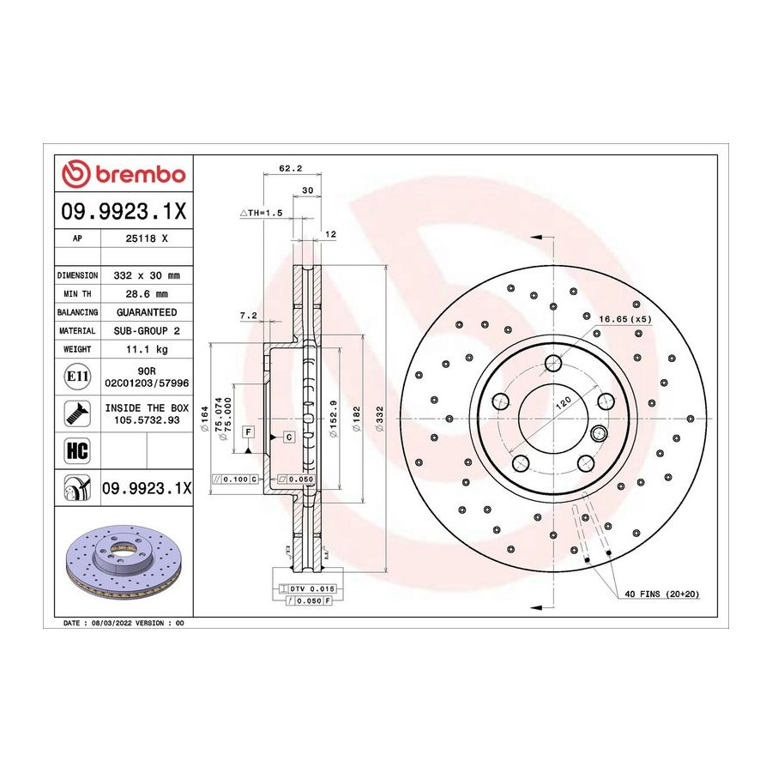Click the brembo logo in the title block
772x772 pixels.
(x=123, y=174)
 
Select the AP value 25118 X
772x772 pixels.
(x=147, y=238)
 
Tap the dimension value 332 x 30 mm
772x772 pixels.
(x=147, y=275)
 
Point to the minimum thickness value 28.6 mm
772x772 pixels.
(x=147, y=294)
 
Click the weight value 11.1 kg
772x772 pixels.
(x=147, y=349)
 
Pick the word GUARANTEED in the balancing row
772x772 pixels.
(x=147, y=312)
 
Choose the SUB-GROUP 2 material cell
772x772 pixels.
(x=147, y=331)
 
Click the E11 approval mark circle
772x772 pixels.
(x=77, y=377)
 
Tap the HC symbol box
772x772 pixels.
(x=77, y=450)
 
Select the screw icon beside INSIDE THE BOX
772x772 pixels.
(x=77, y=413)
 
